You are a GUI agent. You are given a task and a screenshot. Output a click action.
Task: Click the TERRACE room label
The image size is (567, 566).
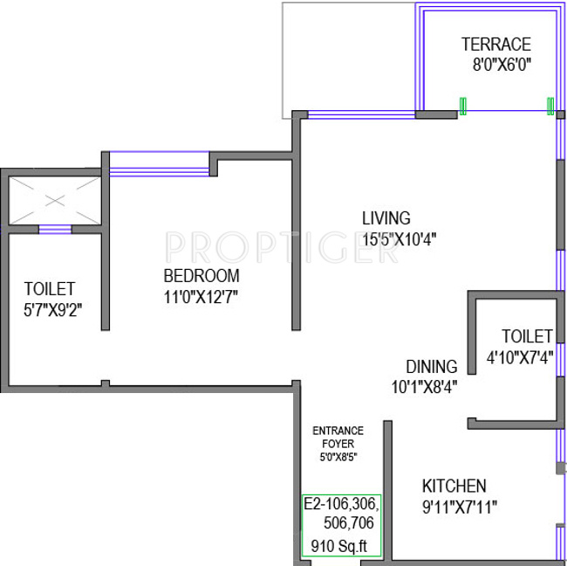[495, 44]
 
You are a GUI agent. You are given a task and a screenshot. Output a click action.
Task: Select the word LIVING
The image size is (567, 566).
[386, 218]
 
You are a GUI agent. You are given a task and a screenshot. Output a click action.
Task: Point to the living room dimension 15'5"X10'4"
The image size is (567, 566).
[399, 238]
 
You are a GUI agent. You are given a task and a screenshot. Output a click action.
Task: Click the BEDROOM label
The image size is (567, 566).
[201, 277]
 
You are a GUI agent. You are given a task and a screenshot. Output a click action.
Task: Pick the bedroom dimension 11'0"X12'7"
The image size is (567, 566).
[201, 297]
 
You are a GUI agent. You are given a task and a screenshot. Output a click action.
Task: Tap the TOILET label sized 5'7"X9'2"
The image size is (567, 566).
[49, 288]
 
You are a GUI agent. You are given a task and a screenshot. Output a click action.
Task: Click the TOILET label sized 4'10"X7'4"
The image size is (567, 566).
[527, 336]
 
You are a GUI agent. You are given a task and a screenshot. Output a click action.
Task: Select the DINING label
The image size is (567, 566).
[431, 366]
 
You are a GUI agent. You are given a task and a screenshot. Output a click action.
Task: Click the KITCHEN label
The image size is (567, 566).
[454, 486]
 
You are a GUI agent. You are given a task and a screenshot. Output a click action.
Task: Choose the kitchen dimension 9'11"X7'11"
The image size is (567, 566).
[459, 505]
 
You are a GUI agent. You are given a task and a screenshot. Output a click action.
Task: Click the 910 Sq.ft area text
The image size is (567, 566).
[340, 548]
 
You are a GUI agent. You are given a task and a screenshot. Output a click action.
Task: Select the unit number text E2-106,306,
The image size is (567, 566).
[341, 504]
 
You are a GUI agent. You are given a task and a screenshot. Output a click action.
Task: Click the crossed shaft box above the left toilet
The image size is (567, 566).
[55, 200]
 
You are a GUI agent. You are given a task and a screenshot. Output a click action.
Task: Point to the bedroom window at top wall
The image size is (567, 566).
[159, 164]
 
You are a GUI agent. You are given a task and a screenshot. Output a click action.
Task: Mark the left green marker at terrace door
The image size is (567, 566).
[463, 106]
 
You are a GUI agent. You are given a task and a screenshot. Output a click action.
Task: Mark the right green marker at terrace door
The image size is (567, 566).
[550, 106]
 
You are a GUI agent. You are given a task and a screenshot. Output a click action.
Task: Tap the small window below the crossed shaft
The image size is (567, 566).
[55, 231]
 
